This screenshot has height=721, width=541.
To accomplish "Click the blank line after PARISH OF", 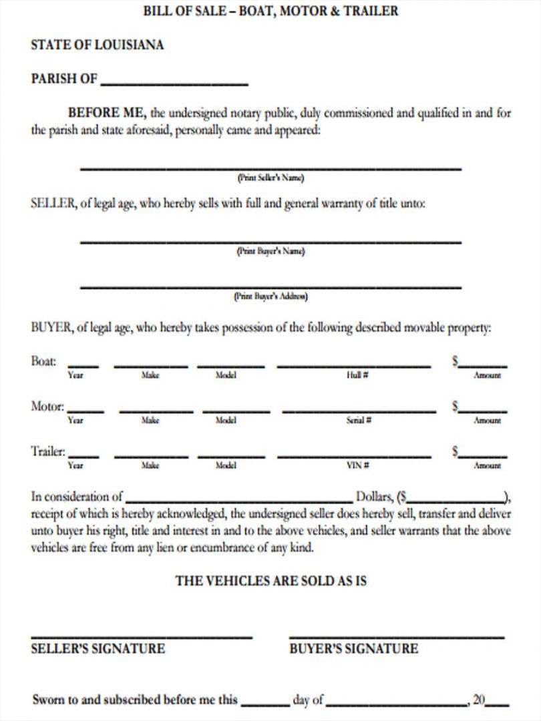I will [x=174, y=83].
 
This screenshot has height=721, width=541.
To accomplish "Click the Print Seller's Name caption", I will [x=270, y=178].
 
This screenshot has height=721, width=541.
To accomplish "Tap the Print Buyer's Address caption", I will [x=270, y=296].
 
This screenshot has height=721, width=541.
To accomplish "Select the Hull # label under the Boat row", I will [x=354, y=375].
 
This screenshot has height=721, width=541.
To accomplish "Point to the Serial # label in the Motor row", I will [x=359, y=421].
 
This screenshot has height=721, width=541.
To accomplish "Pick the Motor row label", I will [x=47, y=406].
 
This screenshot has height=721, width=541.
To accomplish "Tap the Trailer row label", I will [x=48, y=451].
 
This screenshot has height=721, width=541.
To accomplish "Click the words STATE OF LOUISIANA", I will [x=98, y=45].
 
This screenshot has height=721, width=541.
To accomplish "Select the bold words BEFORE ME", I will [x=107, y=113].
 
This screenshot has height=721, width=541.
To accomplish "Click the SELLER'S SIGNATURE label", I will [x=98, y=648].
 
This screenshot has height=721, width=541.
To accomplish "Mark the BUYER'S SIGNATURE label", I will [x=353, y=648].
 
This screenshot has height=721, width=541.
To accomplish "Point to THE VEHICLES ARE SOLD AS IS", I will [x=270, y=581].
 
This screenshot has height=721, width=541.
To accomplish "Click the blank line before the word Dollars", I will [x=238, y=499].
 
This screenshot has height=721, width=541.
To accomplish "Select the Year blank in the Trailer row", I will [x=83, y=456].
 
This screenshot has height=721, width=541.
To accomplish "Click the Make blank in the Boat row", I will [x=150, y=366].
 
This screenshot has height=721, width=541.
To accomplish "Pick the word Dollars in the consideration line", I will [x=374, y=497].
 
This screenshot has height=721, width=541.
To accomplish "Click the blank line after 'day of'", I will [x=396, y=704].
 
